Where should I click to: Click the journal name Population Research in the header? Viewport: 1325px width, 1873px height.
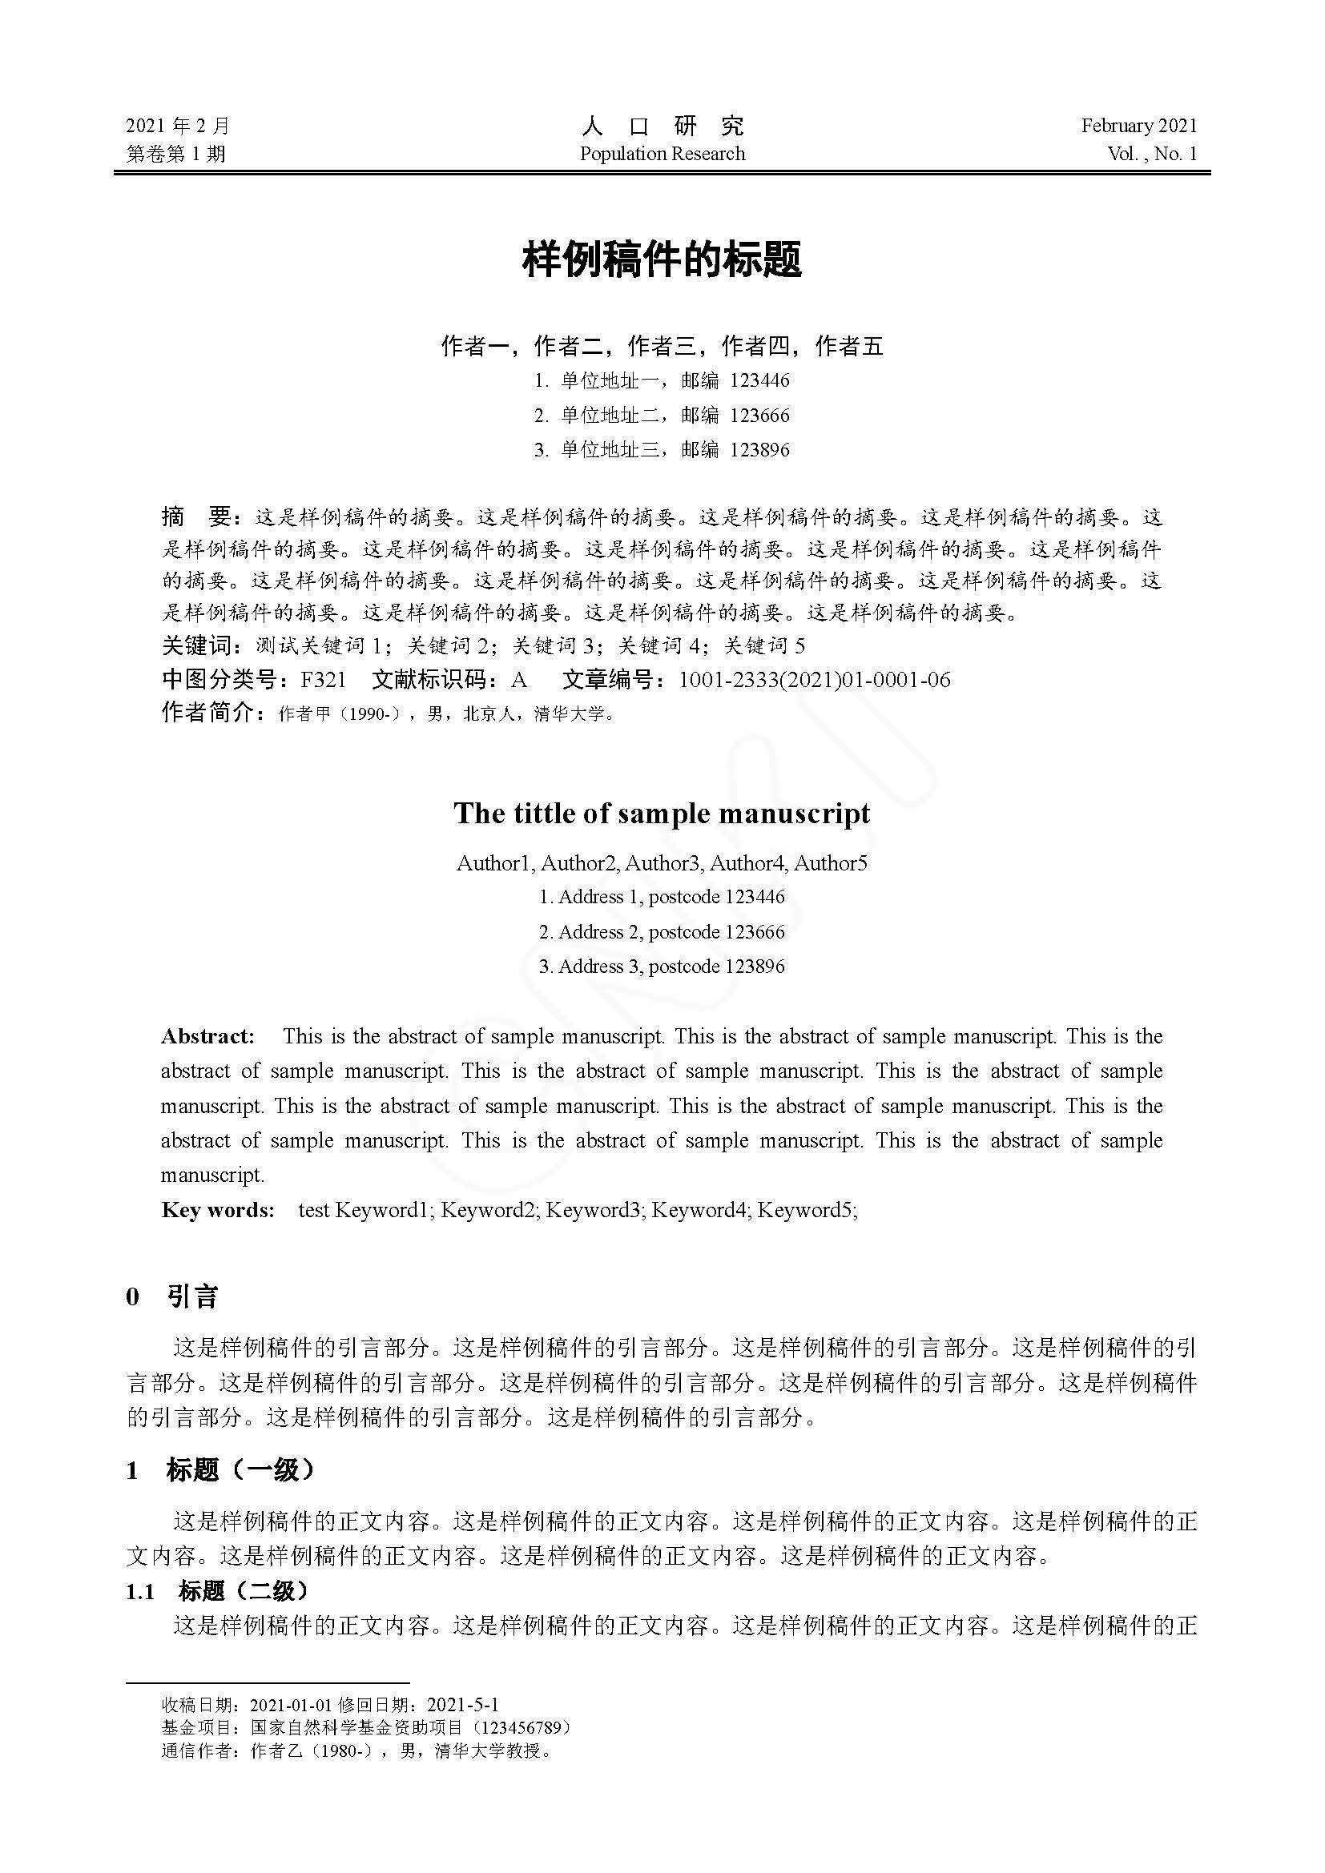[662, 154]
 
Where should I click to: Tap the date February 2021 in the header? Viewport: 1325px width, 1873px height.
[1139, 126]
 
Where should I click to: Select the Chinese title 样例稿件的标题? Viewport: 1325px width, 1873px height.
[662, 259]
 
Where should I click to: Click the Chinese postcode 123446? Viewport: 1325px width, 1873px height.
[759, 380]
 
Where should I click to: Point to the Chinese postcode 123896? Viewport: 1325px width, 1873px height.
[759, 449]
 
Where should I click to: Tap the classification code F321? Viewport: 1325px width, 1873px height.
[323, 680]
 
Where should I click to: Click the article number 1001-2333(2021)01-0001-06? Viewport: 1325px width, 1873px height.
[814, 680]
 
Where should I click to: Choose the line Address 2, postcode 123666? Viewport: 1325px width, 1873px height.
[662, 931]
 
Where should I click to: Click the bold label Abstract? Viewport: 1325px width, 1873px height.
[207, 1037]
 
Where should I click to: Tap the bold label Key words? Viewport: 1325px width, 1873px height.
[217, 1210]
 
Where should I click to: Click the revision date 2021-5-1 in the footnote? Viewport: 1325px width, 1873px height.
[462, 1705]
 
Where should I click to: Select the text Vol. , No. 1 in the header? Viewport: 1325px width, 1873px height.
[1152, 154]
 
